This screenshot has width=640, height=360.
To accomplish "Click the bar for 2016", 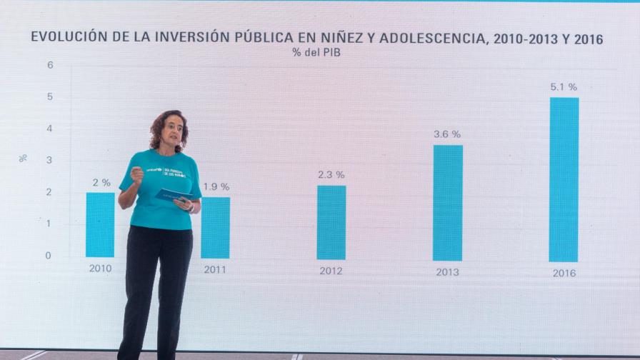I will point(564,179).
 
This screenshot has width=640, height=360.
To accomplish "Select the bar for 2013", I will point(448,203).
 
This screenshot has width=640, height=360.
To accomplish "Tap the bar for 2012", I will point(331,222).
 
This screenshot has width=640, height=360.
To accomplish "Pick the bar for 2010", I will point(100,224).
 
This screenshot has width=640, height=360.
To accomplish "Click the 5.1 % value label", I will point(564,86).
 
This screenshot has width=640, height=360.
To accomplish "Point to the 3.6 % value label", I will point(447,134).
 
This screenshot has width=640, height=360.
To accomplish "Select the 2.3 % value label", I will point(331,174).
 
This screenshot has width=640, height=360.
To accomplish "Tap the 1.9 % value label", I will point(216,186).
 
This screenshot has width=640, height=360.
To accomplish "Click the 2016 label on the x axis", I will point(564,273).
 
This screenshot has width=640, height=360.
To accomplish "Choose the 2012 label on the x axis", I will point(331,271).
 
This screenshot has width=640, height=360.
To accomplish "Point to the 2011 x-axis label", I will point(215,270).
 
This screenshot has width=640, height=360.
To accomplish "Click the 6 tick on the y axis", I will point(50,65).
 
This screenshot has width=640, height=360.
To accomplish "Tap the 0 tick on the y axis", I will point(49,255).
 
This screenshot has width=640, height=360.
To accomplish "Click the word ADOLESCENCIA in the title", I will point(431,39).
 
